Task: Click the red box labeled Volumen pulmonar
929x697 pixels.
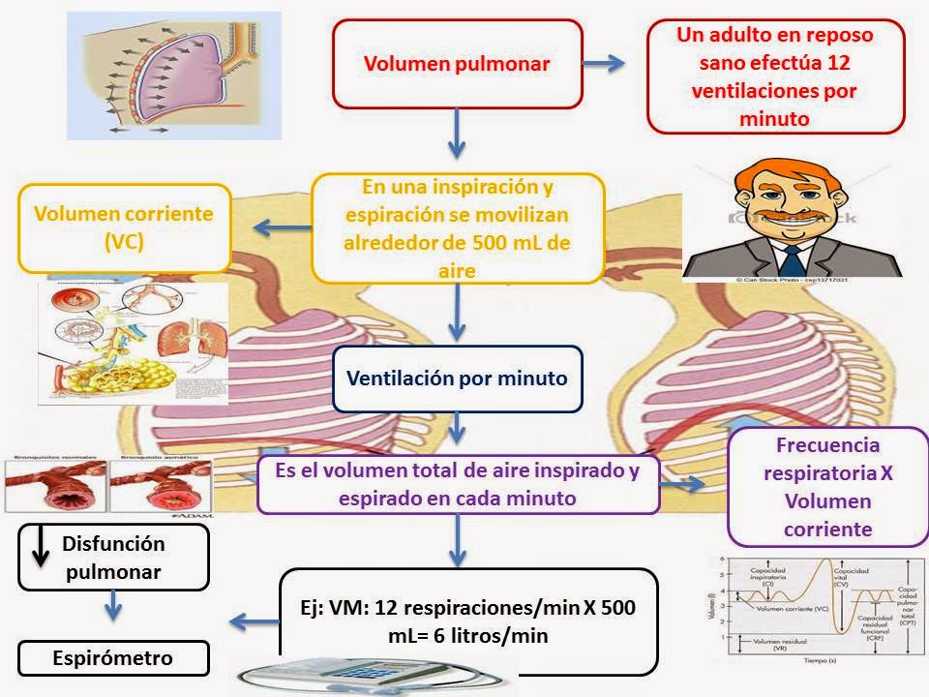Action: pyautogui.click(x=457, y=64)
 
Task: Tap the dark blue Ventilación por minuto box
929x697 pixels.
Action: pyautogui.click(x=458, y=379)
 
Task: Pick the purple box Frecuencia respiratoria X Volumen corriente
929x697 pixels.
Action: pyautogui.click(x=827, y=487)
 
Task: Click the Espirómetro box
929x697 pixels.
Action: pyautogui.click(x=113, y=658)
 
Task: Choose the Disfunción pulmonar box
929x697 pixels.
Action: pyautogui.click(x=113, y=558)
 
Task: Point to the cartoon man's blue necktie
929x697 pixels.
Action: pyautogui.click(x=794, y=258)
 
